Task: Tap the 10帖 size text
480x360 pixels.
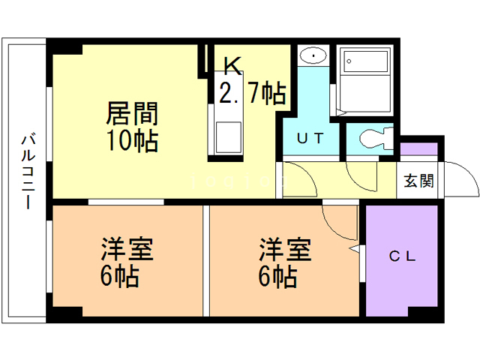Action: pyautogui.click(x=132, y=139)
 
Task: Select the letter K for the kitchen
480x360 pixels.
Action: pyautogui.click(x=232, y=66)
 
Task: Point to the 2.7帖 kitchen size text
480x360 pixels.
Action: pyautogui.click(x=252, y=93)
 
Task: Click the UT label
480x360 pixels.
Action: pyautogui.click(x=310, y=138)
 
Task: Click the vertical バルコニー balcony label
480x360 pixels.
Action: pyautogui.click(x=28, y=171)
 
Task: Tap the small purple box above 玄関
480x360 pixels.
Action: pyautogui.click(x=418, y=151)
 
